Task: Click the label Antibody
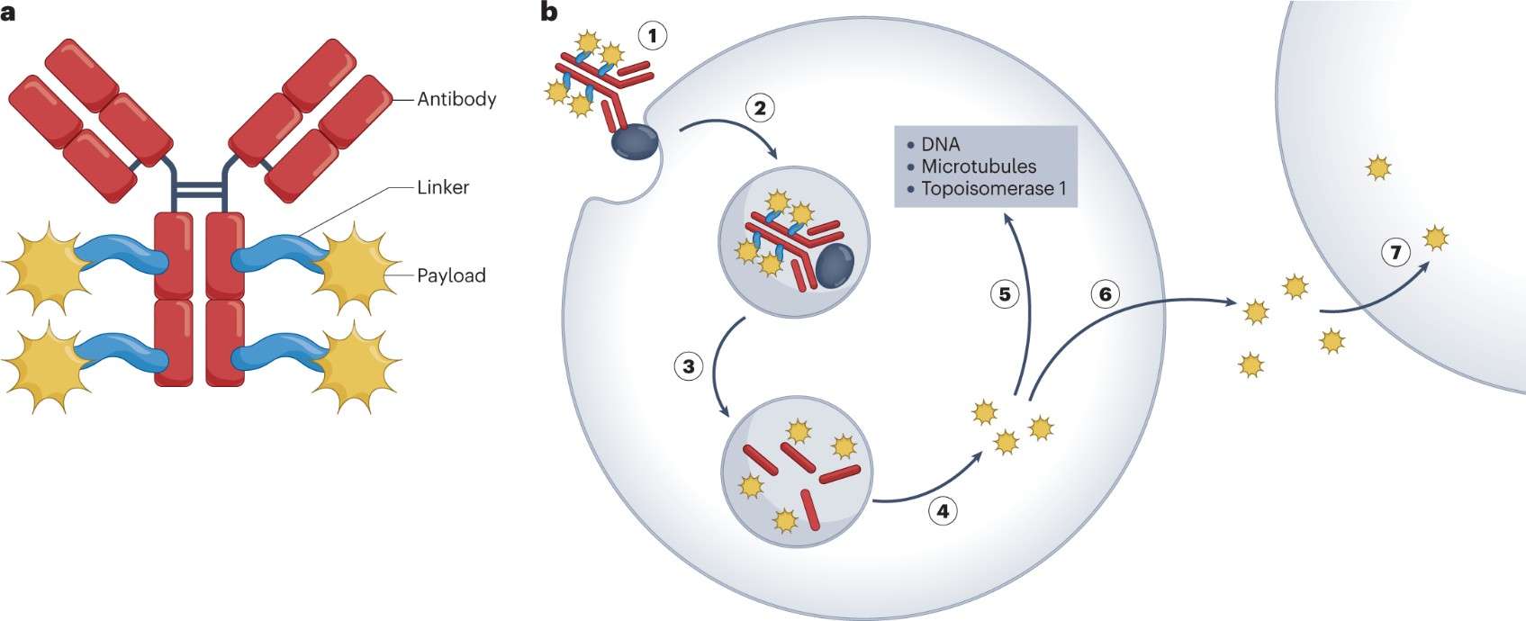pyautogui.click(x=456, y=99)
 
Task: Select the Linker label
pyautogui.click(x=443, y=188)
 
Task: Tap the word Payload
pyautogui.click(x=451, y=275)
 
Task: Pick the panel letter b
pyautogui.click(x=547, y=13)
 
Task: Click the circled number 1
pyautogui.click(x=653, y=36)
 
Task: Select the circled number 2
pyautogui.click(x=760, y=109)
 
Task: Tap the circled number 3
pyautogui.click(x=689, y=366)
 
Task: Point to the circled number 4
pyautogui.click(x=943, y=512)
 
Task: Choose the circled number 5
pyautogui.click(x=1005, y=293)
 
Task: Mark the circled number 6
pyautogui.click(x=1106, y=293)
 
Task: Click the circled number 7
pyautogui.click(x=1395, y=253)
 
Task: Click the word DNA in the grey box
pyautogui.click(x=940, y=144)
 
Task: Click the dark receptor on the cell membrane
pyautogui.click(x=635, y=143)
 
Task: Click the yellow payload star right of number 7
pyautogui.click(x=1435, y=238)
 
